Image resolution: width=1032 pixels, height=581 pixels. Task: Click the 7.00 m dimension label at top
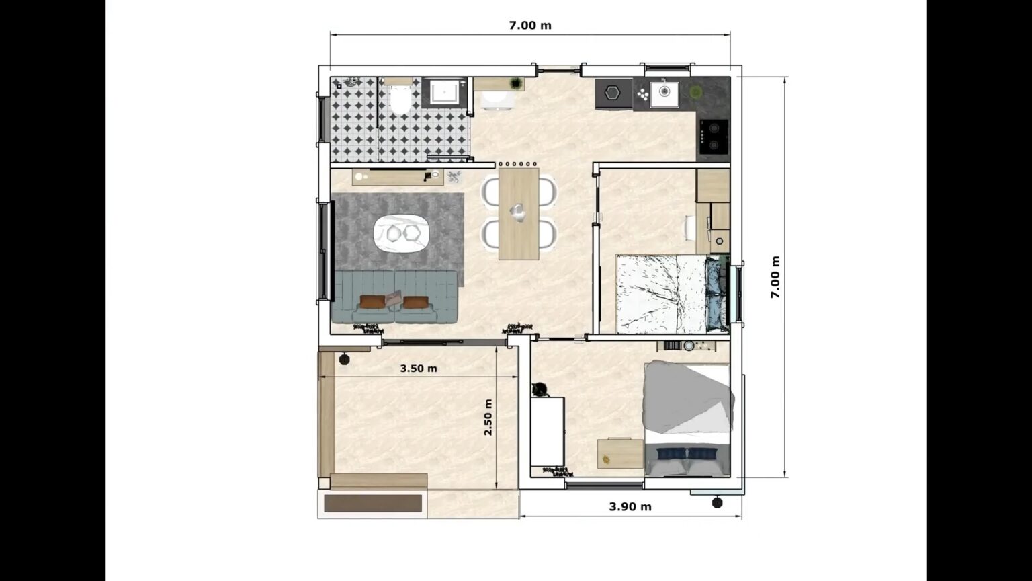[529, 26]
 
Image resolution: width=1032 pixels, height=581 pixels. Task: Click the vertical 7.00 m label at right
[775, 277]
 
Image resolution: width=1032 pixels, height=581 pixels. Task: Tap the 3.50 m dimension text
[418, 369]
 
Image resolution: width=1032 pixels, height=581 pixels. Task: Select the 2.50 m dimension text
[488, 417]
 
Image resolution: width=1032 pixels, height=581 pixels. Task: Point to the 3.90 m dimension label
[630, 507]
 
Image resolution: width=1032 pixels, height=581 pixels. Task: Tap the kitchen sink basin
[664, 92]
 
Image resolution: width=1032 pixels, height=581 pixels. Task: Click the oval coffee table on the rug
[401, 233]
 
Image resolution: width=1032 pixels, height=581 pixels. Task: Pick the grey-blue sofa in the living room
[395, 295]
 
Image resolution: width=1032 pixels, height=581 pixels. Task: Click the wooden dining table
[518, 214]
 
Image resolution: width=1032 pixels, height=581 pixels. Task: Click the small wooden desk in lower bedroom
[620, 453]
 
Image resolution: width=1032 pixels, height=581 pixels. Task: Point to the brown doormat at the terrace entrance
[373, 503]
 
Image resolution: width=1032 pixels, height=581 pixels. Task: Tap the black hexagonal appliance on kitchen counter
[612, 93]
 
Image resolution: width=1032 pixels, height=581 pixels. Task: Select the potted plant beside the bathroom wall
[516, 83]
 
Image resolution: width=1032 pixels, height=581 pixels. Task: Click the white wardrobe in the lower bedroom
[547, 432]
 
